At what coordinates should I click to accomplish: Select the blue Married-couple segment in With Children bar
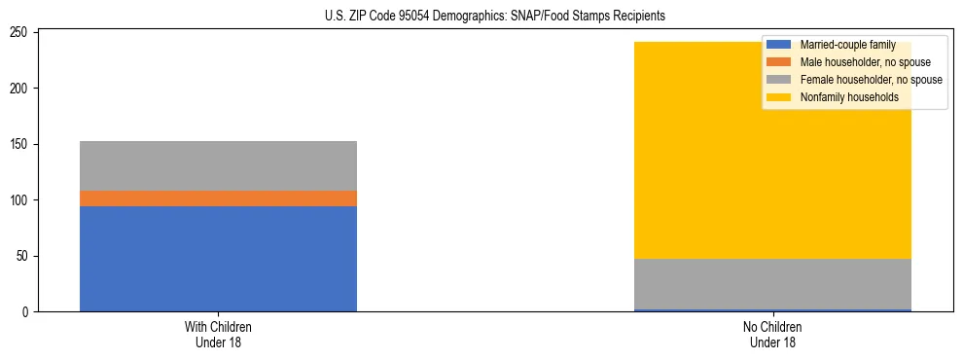[x=218, y=259]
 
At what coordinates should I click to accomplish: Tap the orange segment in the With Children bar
[x=218, y=198]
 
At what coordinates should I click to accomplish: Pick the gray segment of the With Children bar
[x=218, y=165]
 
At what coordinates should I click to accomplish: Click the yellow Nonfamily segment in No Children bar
[x=772, y=150]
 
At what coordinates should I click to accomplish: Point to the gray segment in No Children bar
[x=772, y=284]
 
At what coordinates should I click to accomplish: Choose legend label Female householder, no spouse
[x=871, y=80]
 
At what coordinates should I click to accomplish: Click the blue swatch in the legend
[x=778, y=45]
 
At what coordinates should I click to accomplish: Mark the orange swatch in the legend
[x=778, y=62]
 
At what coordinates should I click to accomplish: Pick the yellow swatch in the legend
[x=778, y=97]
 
